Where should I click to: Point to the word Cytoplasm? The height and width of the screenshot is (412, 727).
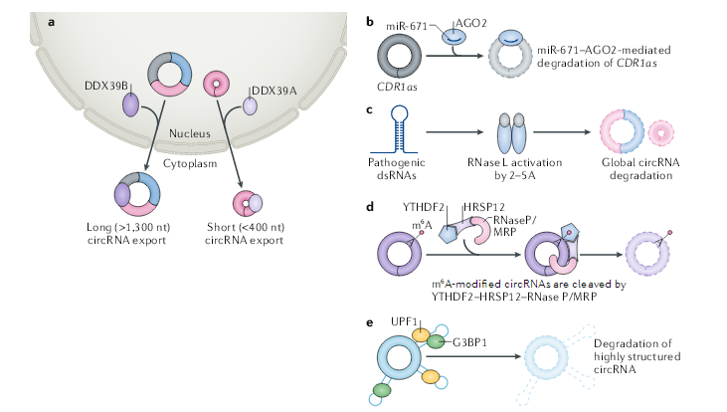(190, 158)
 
